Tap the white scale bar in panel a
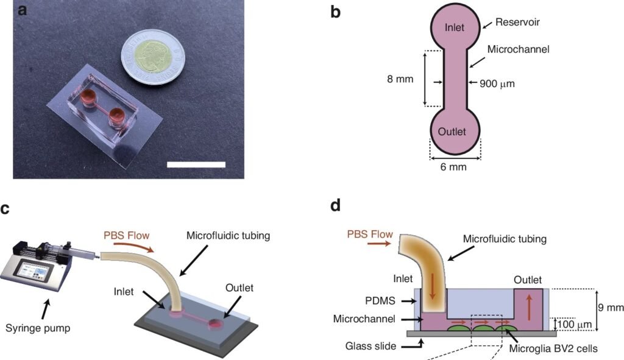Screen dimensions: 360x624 [x=196, y=164]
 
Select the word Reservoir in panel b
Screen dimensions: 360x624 [x=518, y=23]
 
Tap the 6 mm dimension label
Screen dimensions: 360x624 [x=454, y=167]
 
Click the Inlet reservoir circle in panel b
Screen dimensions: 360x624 [x=455, y=27]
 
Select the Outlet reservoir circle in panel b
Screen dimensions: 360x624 [x=455, y=132]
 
